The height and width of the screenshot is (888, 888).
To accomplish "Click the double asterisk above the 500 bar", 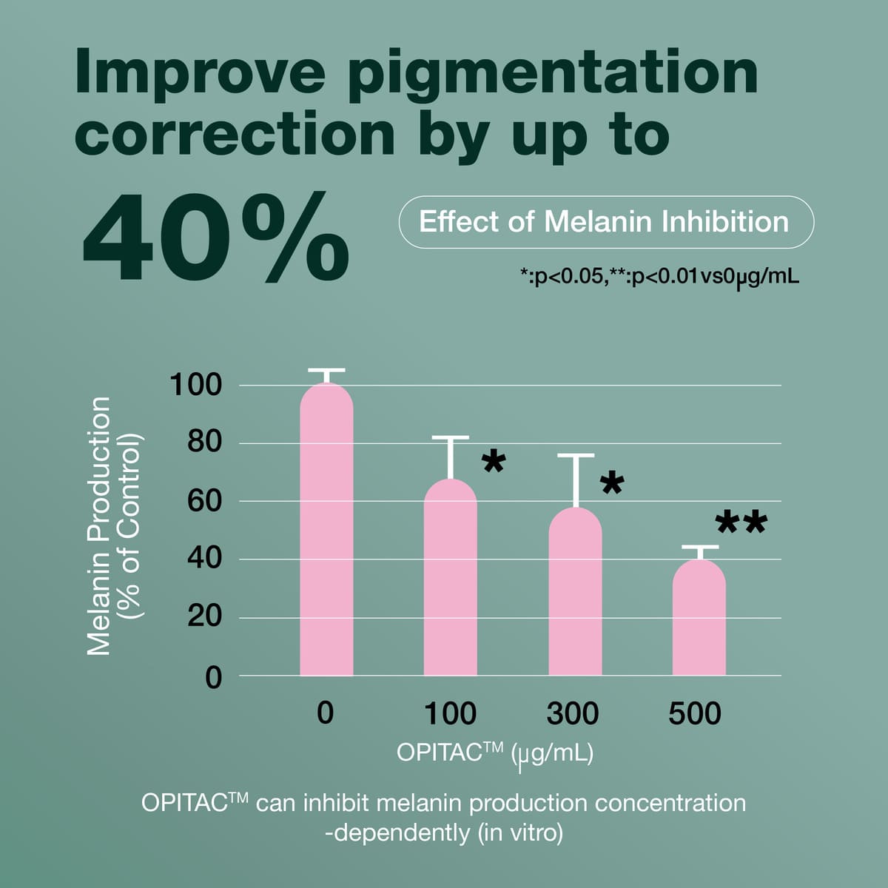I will coord(741,523).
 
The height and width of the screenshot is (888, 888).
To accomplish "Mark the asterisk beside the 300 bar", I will coord(613,485).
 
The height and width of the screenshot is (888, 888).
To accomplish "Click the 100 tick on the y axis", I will coord(195,385).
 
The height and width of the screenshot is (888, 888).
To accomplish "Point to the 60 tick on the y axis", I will coord(203,501).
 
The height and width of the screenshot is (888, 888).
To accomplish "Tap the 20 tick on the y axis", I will coord(203,616).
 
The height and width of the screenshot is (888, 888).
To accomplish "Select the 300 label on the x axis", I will coord(572,714).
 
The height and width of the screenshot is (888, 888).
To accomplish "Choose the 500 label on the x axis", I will coord(694,714).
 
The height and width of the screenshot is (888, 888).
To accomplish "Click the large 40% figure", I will coord(215,238).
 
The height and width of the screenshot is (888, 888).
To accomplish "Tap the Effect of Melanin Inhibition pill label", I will coord(605,222).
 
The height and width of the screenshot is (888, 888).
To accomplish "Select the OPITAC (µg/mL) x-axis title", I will coord(494,753).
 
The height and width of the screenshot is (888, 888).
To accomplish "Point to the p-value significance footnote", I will coord(659,277).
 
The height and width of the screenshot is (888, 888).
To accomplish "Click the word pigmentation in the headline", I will coord(552,74).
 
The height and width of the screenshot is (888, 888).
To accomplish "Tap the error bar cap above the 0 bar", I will coord(326,369).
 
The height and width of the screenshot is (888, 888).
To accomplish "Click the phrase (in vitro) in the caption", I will coord(519,833).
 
